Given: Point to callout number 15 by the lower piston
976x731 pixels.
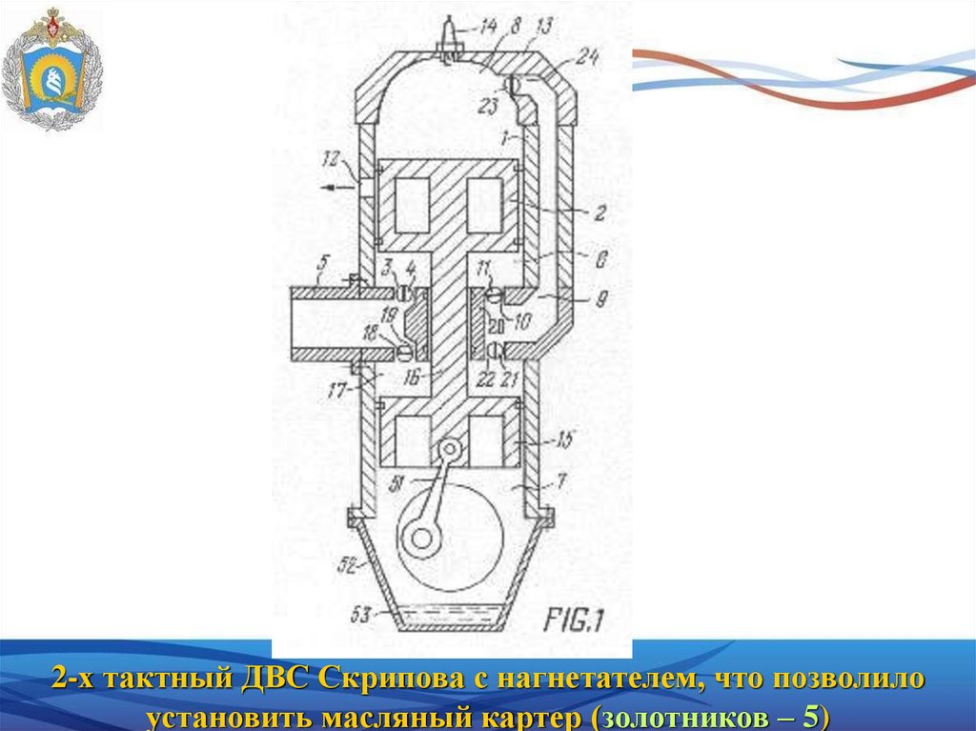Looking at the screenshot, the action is coord(564,439).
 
